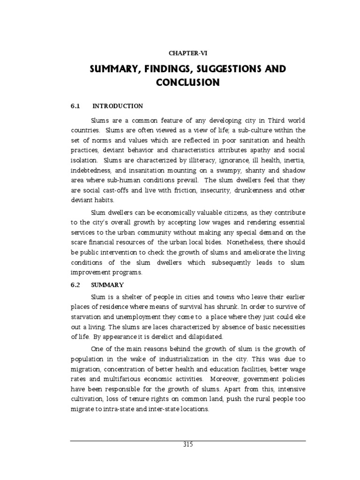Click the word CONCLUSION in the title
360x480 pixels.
[187, 83]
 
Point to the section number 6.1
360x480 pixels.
[75, 106]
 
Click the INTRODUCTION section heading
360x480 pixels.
[117, 106]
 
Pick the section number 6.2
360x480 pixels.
[75, 285]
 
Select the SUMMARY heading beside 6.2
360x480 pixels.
[107, 285]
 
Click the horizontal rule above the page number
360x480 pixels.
[187, 441]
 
